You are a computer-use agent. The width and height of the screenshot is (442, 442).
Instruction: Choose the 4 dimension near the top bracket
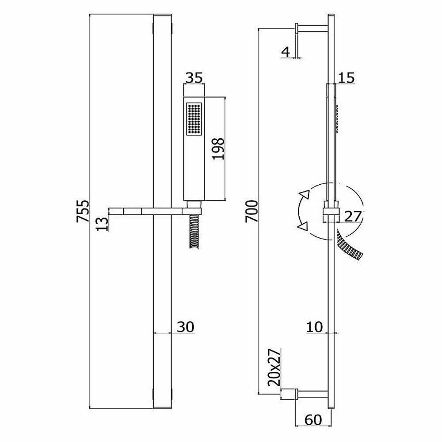[286, 51]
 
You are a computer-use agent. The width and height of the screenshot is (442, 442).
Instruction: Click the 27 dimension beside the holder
[353, 217]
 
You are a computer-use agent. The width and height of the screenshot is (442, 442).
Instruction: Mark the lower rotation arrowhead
[303, 227]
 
